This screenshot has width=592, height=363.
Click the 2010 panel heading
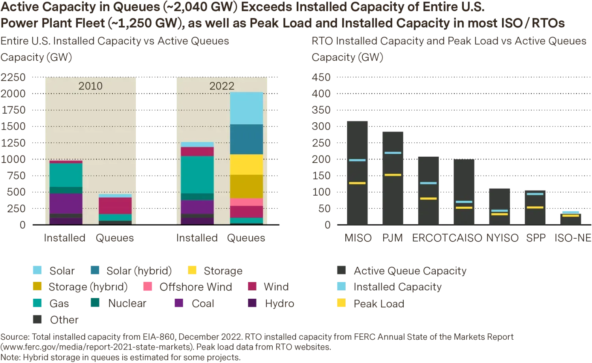point(90,86)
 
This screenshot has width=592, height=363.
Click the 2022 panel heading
point(221,86)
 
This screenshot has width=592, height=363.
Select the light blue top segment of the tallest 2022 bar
point(246,108)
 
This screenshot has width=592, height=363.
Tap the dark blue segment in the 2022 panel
point(246,139)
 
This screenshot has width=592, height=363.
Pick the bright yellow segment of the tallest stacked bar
point(246,164)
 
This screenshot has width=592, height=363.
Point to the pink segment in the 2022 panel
point(246,202)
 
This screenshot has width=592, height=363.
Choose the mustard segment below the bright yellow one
point(246,186)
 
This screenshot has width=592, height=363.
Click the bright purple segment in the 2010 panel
point(66,203)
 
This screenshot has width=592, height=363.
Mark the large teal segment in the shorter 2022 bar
point(197,174)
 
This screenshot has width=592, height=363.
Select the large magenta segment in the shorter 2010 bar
point(115,206)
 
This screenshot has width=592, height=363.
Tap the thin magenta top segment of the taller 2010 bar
point(66,162)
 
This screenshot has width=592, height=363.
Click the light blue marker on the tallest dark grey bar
point(357,160)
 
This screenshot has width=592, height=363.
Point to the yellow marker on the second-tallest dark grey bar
point(393,175)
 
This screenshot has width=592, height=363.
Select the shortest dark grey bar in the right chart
point(570,218)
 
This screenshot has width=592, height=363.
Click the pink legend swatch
point(148,286)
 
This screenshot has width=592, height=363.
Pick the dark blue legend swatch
point(95,270)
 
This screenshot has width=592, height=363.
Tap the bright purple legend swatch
point(178,303)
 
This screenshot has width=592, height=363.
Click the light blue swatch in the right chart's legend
point(341,286)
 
